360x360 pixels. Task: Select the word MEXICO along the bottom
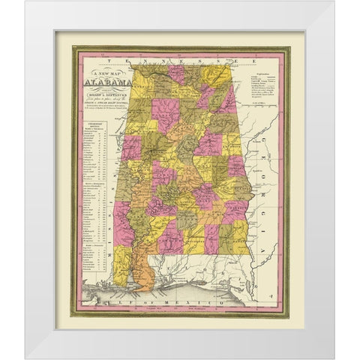click(196, 298)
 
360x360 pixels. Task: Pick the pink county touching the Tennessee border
click(175, 73)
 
